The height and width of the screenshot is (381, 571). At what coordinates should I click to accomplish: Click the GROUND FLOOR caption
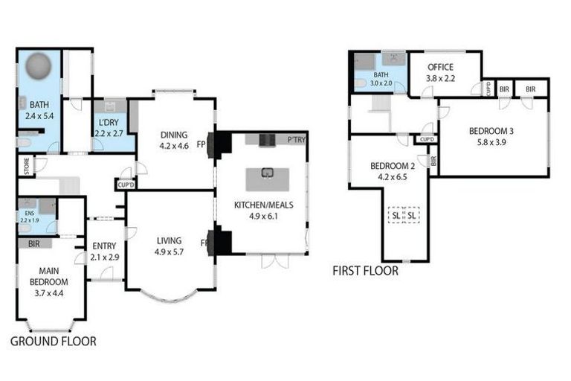pos(53,342)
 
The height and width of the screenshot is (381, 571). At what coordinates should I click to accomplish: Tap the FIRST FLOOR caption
pos(365,271)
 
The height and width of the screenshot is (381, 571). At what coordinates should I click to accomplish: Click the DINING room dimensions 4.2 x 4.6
pos(175,146)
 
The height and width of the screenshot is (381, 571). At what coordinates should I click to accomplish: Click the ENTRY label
pos(103,246)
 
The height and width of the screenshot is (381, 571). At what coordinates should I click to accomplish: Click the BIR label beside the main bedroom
pos(33,243)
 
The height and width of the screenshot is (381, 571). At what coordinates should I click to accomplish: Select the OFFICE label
pos(440,68)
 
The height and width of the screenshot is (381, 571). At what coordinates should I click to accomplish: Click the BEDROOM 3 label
pos(491,132)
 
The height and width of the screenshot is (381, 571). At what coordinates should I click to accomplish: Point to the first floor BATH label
pos(381,75)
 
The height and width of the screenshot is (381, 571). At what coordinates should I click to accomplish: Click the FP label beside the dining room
pos(201,146)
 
